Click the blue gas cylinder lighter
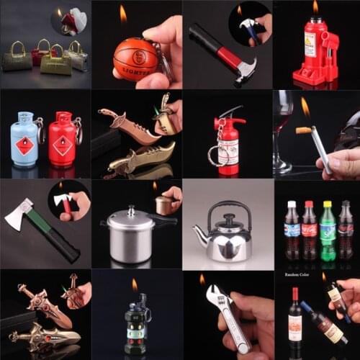24,139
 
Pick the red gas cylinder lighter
63,140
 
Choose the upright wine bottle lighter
295,319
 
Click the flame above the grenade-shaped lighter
134,286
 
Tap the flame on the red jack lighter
315,8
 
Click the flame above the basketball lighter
123,14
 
